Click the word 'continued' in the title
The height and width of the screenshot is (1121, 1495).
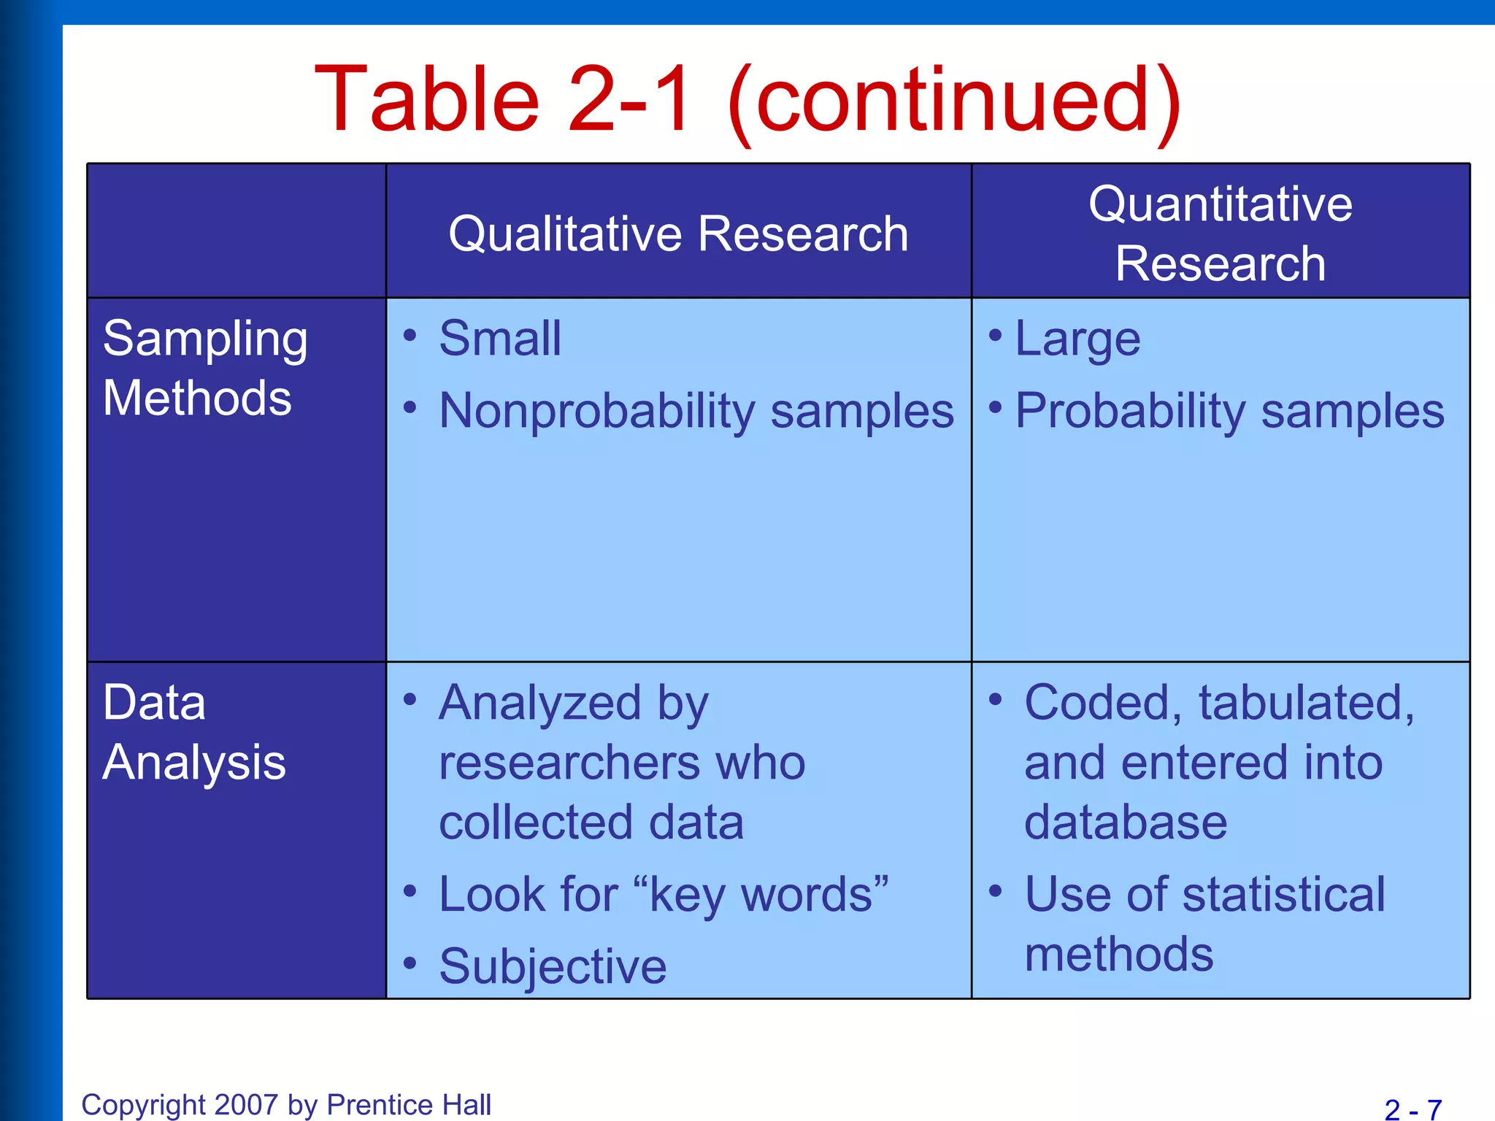click(953, 100)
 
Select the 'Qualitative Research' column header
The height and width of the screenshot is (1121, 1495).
click(678, 234)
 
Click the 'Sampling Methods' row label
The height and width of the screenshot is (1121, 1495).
click(205, 369)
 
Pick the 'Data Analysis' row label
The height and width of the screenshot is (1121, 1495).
click(193, 733)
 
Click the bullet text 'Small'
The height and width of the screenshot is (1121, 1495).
click(500, 339)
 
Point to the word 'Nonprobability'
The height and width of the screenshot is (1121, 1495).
click(596, 411)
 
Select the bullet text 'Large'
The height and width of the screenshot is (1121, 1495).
click(1077, 339)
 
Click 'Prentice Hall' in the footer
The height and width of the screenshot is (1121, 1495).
click(409, 1105)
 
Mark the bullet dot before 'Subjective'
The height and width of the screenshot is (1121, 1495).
click(410, 963)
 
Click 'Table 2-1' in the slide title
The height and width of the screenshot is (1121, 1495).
click(502, 100)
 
